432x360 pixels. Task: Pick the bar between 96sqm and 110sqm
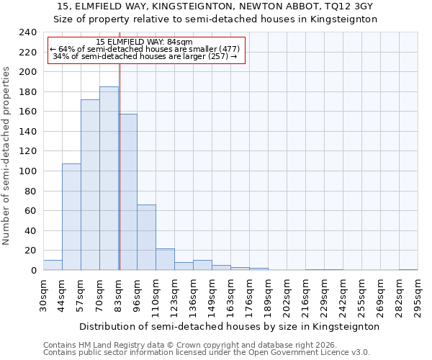(x=146, y=238)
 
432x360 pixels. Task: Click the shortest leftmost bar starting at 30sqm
(x=53, y=266)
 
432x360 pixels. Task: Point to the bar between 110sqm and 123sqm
(x=165, y=259)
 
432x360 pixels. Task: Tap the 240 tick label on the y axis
(x=27, y=33)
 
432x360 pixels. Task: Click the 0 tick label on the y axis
(x=33, y=271)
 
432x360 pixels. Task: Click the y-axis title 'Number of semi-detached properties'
(x=7, y=156)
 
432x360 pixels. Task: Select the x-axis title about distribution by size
(x=229, y=326)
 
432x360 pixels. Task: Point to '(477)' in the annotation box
(x=225, y=49)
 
